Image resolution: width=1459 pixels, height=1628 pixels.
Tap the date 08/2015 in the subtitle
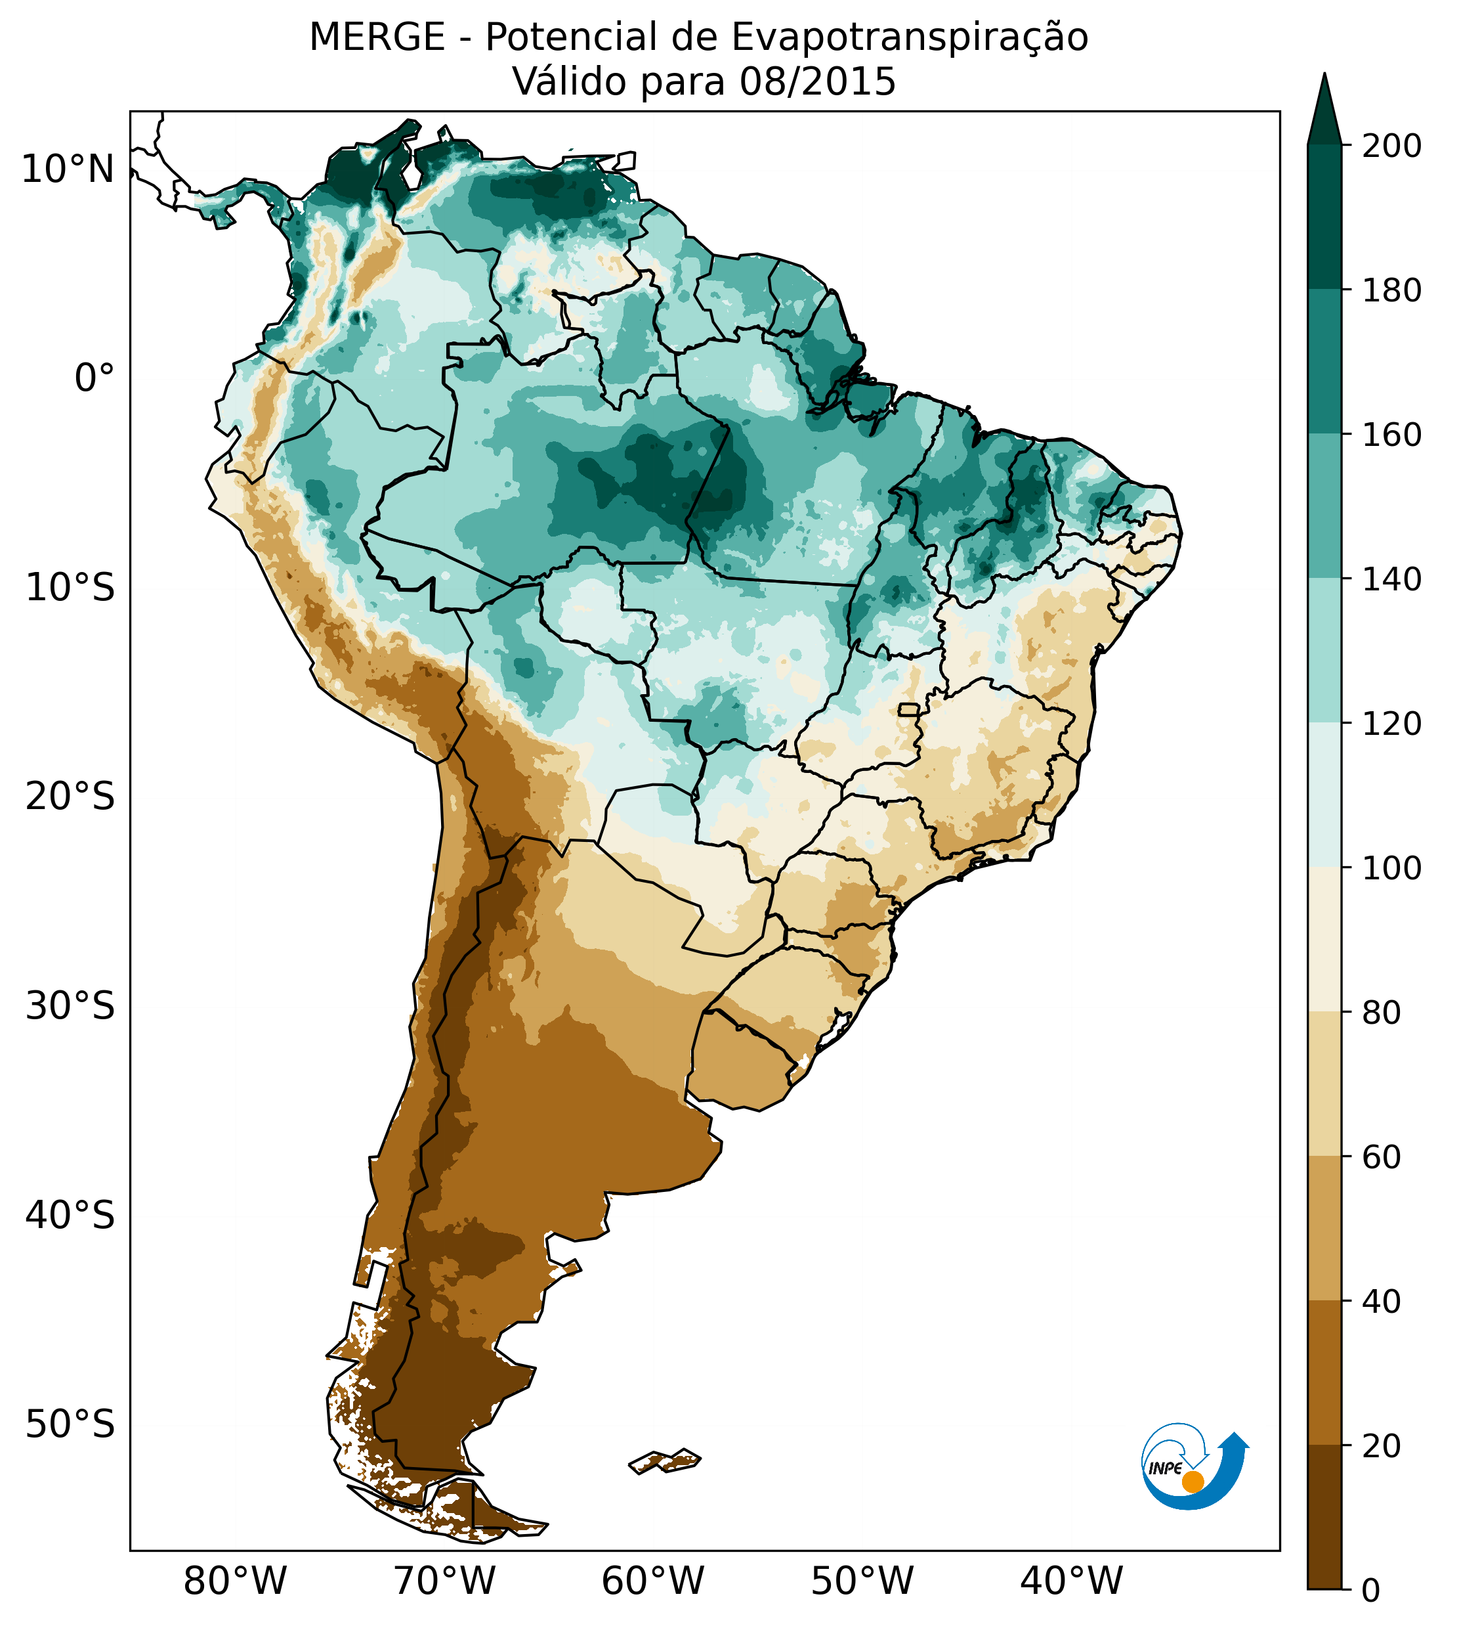818,82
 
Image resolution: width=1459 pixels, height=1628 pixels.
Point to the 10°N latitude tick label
68,170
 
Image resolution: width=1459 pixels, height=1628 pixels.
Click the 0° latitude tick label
95,378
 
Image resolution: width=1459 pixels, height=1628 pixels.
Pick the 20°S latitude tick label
70,797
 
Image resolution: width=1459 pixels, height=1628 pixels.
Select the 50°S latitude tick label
70,1424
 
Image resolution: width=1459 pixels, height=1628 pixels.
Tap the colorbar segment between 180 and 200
1324,217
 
